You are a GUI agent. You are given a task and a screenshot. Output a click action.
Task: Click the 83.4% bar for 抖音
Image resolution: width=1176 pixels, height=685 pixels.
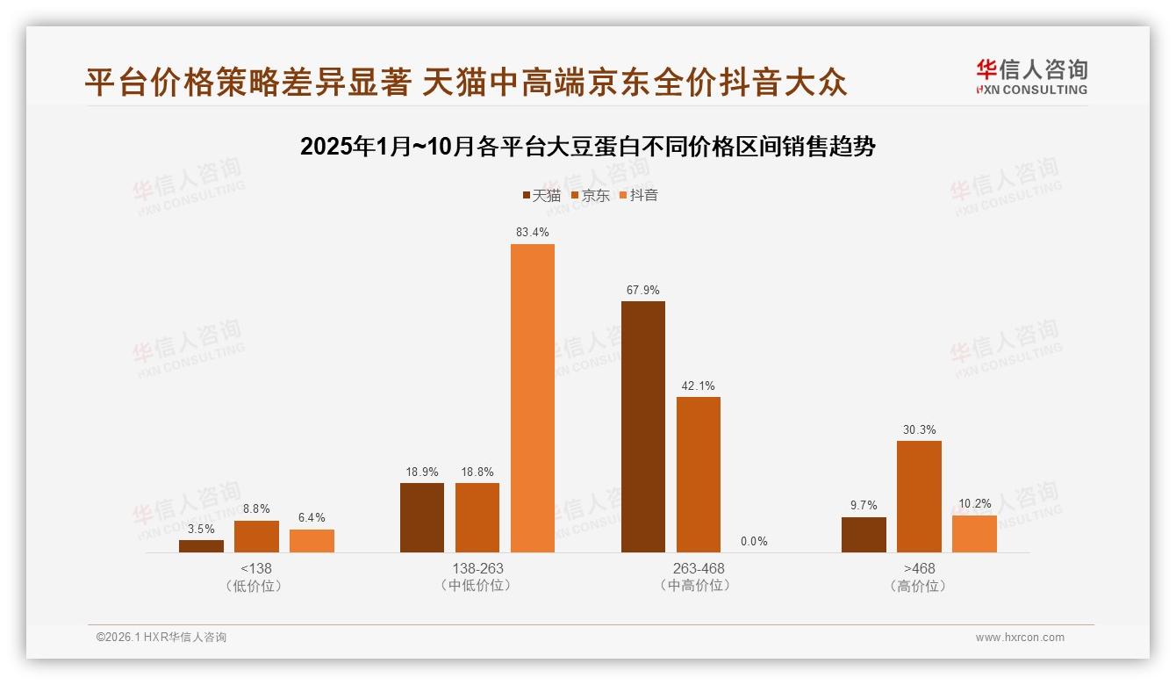point(533,398)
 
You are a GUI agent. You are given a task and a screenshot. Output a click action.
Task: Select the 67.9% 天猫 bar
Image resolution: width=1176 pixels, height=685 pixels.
point(643,427)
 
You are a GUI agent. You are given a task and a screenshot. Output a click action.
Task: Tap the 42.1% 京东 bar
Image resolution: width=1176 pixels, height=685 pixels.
point(699,474)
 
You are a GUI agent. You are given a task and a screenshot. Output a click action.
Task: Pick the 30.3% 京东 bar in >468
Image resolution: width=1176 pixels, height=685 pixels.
point(919,496)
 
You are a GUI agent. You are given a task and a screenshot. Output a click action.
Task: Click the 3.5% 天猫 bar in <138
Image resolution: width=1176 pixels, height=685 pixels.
point(201,546)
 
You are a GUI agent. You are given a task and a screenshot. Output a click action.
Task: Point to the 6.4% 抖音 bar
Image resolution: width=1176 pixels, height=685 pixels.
point(312,541)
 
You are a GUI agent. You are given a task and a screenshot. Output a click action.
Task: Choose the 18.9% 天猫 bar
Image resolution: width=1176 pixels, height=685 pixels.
point(422,517)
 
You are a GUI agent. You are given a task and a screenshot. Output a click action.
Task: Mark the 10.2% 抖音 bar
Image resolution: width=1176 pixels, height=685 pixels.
point(974,534)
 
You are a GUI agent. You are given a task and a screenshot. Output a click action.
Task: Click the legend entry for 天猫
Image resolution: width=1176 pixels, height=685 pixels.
point(541,195)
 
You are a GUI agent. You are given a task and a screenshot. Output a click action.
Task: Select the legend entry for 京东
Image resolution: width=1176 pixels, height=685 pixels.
point(590,195)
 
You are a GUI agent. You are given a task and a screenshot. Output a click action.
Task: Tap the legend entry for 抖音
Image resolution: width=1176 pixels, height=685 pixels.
point(639,195)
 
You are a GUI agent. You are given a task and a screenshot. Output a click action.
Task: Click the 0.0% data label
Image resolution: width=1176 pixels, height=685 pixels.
point(754,541)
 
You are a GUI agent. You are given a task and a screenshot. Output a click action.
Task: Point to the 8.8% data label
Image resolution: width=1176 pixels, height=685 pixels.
point(256,508)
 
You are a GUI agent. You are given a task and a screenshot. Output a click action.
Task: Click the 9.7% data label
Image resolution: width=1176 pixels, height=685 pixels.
point(864,505)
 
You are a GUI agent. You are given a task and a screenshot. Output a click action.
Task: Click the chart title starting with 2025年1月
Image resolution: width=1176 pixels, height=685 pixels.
point(588,147)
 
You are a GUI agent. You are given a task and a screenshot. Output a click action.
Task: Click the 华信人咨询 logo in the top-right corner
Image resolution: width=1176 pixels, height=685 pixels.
point(1031,77)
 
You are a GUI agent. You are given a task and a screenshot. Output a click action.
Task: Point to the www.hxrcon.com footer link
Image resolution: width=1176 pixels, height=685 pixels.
point(1020,638)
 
